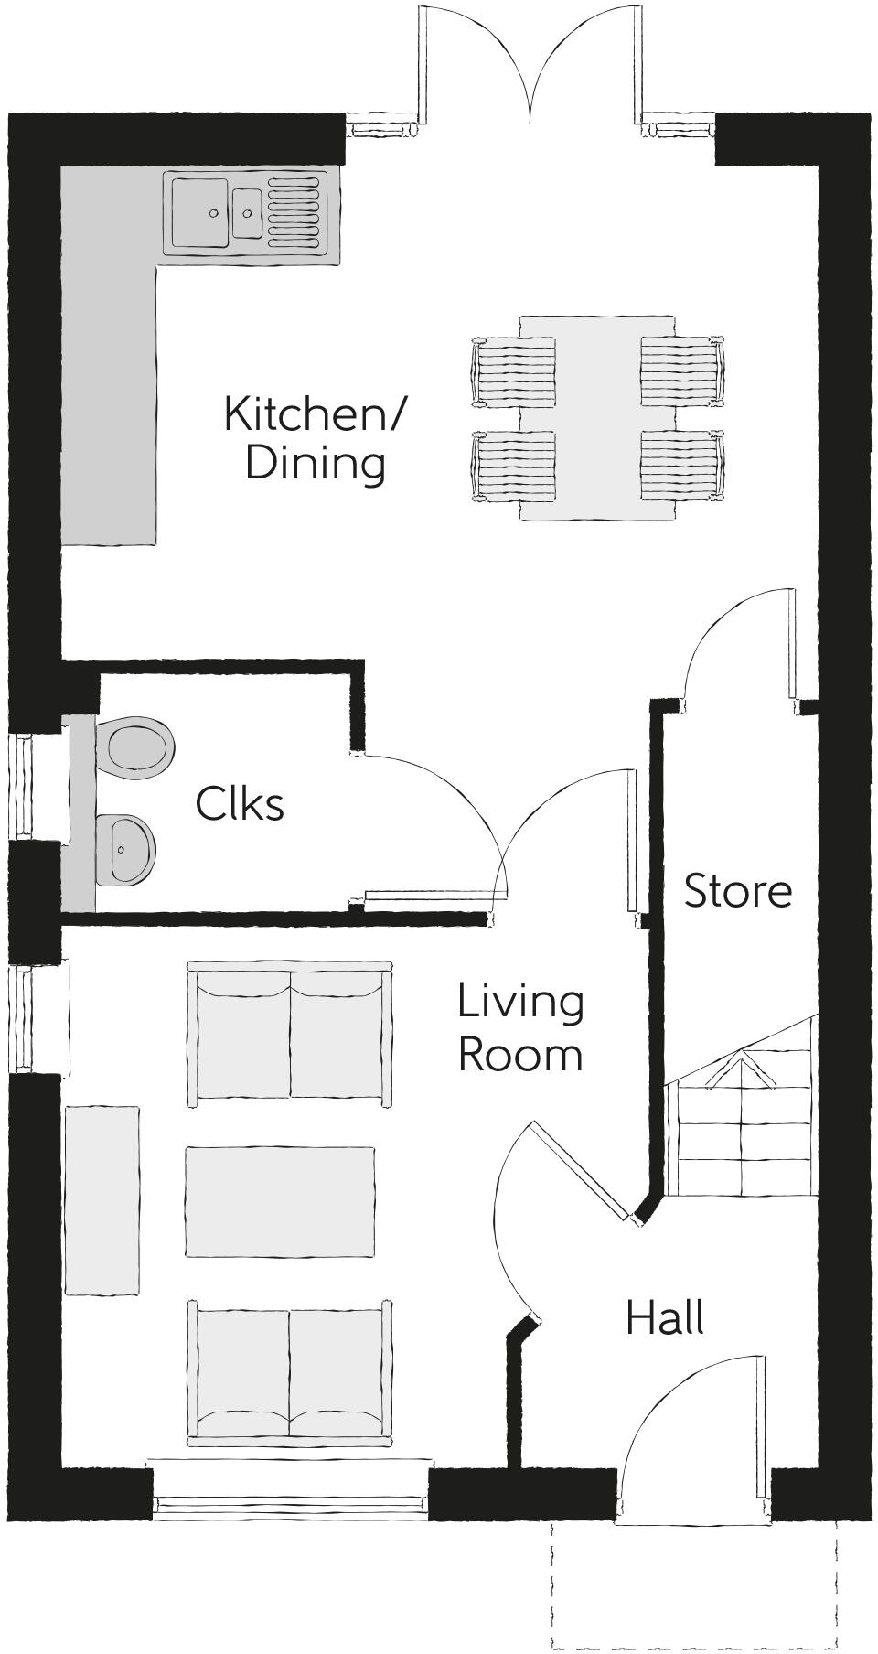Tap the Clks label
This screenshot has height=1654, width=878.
click(240, 804)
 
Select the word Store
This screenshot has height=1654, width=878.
click(737, 891)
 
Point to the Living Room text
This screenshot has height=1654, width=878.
click(519, 1027)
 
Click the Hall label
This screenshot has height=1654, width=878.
click(665, 1318)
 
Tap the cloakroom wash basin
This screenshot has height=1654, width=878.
click(125, 850)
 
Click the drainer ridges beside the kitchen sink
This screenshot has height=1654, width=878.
click(296, 214)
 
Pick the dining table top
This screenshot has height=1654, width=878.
click(597, 418)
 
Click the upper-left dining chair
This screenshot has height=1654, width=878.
click(514, 371)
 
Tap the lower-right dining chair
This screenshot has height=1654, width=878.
click(681, 466)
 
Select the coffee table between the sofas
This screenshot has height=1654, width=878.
click(280, 1201)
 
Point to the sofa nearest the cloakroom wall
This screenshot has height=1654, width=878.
click(290, 1033)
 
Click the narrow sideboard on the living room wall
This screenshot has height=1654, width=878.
click(102, 1200)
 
